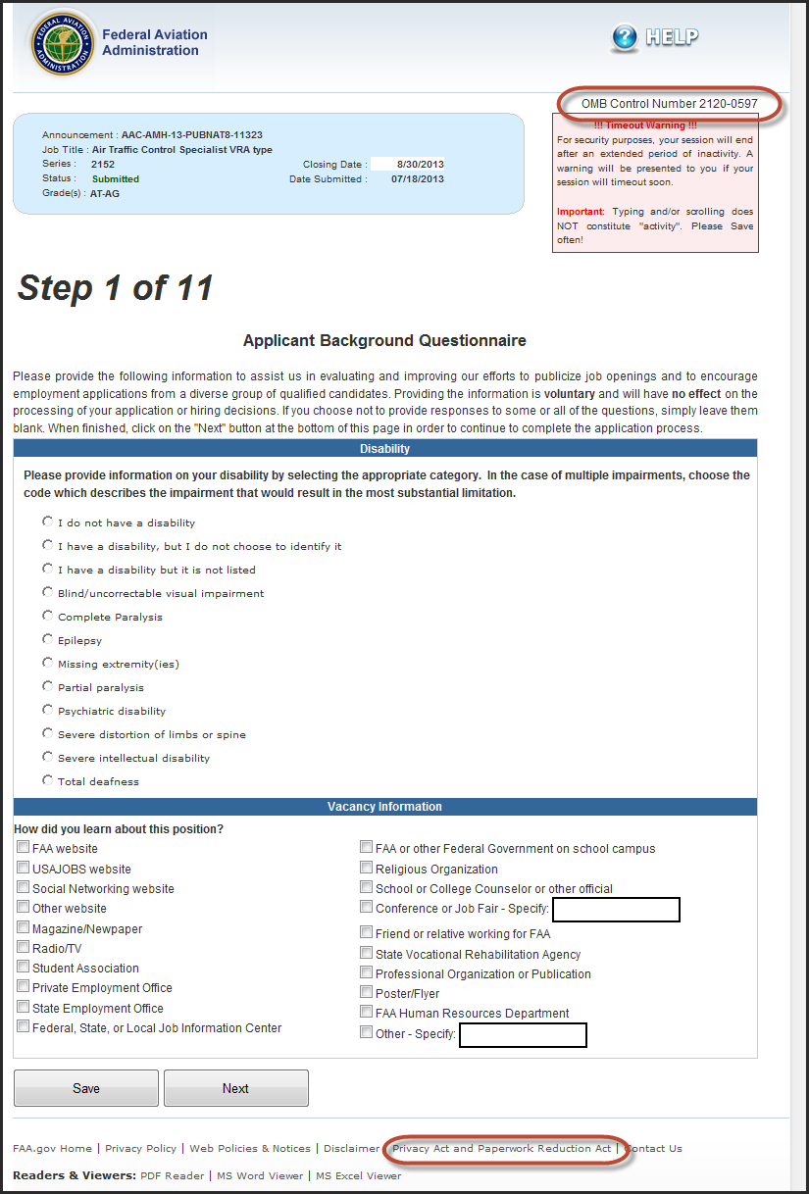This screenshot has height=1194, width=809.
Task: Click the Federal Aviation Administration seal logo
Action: pos(63,45)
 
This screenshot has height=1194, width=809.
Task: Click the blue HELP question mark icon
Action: pos(625,38)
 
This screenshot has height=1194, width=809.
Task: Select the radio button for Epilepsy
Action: pos(48,639)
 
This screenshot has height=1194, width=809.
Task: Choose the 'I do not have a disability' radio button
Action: pos(48,522)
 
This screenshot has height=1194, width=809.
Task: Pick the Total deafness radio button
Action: pos(48,780)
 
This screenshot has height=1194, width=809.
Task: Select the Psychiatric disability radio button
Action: pos(48,710)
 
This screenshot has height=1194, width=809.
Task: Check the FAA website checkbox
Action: pos(23,847)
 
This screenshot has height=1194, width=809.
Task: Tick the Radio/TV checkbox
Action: pos(23,947)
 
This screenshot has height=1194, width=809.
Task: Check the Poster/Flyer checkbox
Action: pos(366,993)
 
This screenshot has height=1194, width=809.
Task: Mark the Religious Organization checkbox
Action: pos(366,868)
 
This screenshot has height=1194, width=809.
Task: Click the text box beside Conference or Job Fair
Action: pos(616,910)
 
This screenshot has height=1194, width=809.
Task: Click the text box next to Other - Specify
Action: pos(523,1035)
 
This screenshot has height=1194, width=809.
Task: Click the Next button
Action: pos(235,1088)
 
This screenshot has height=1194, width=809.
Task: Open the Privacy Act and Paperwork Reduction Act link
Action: pos(501,1148)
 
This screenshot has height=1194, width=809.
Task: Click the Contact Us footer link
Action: pos(654,1148)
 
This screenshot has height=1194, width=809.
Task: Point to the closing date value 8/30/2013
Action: pos(421,164)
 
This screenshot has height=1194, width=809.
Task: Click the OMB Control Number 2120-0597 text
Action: pos(669,104)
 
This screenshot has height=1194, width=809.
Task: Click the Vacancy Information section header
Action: pos(384,807)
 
